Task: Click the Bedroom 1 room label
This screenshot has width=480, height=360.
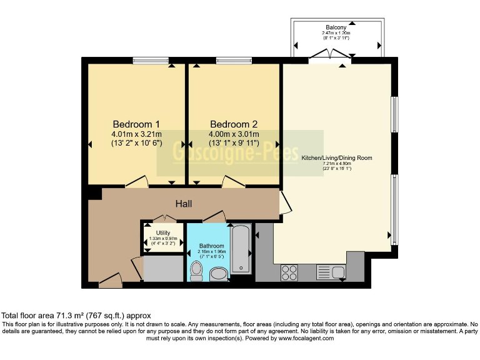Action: [136, 124]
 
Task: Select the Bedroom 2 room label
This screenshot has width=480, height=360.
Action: [234, 124]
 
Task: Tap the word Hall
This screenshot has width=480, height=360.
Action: [183, 204]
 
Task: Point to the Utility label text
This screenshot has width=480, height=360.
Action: [163, 233]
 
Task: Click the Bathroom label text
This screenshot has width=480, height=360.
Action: [211, 246]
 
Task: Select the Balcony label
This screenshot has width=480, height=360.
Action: [336, 27]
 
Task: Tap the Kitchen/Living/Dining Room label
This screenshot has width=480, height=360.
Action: [337, 158]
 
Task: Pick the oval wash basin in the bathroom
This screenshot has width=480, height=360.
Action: [219, 273]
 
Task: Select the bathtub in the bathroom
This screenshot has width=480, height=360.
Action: [241, 250]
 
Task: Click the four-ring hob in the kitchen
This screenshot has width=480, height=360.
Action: [289, 273]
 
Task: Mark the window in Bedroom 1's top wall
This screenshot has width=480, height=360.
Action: [151, 60]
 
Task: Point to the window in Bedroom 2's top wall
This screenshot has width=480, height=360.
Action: [234, 60]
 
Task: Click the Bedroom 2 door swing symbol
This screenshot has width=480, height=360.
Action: [232, 181]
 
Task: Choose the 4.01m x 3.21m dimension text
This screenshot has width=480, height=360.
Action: [136, 134]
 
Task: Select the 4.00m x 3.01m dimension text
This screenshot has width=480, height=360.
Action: [234, 134]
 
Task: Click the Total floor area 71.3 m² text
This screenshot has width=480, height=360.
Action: [76, 316]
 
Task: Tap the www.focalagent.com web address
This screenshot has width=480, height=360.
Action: [306, 338]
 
